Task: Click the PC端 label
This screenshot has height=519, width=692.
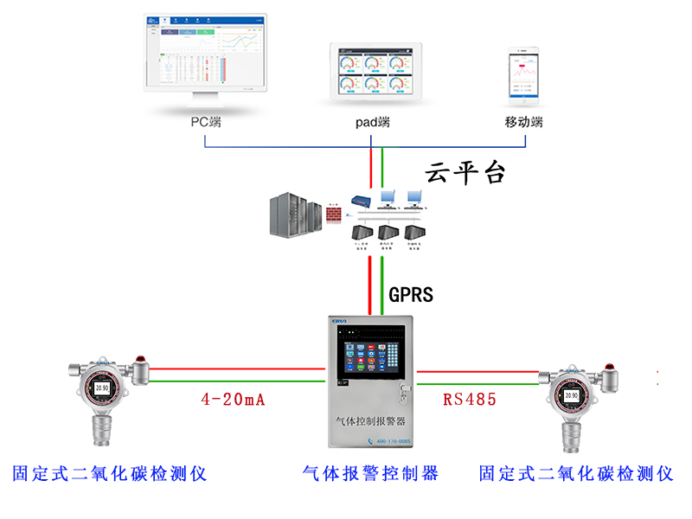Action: (206, 122)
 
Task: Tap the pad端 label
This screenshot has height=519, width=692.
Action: (373, 122)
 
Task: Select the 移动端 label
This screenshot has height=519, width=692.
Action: (523, 122)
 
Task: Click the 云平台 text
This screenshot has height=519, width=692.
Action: (465, 173)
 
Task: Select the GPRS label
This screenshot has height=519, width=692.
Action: (411, 295)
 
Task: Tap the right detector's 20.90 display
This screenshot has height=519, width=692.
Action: (570, 395)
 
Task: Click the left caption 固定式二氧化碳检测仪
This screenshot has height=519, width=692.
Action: (110, 473)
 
